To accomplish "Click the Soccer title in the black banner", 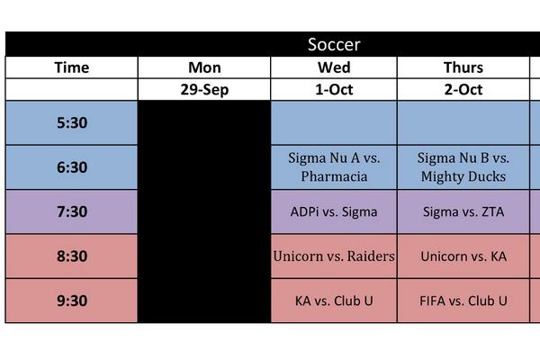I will click(x=334, y=45).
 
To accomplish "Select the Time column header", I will click(x=72, y=67).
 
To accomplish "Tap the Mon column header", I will click(x=204, y=67).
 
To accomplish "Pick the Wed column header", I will click(x=334, y=67).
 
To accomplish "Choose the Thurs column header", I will click(x=463, y=67).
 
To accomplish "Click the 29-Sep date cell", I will click(x=204, y=89).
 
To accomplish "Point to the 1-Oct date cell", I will click(x=334, y=89).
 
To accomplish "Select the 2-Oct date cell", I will click(x=463, y=89).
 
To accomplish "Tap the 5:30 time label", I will click(x=72, y=123).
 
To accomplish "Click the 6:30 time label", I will click(x=72, y=167).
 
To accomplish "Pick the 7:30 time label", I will click(x=72, y=212).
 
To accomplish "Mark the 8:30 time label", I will click(x=72, y=256).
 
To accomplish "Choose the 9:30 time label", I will click(x=72, y=301).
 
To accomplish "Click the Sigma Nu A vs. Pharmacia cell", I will click(x=334, y=167).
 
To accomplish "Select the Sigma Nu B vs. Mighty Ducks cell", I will click(x=463, y=167).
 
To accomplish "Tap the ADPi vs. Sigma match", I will click(x=334, y=212).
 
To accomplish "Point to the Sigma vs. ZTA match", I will click(x=463, y=212).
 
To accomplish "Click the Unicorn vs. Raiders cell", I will click(x=334, y=256).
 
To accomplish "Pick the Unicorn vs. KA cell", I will click(x=463, y=256).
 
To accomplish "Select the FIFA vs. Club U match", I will click(x=463, y=301).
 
